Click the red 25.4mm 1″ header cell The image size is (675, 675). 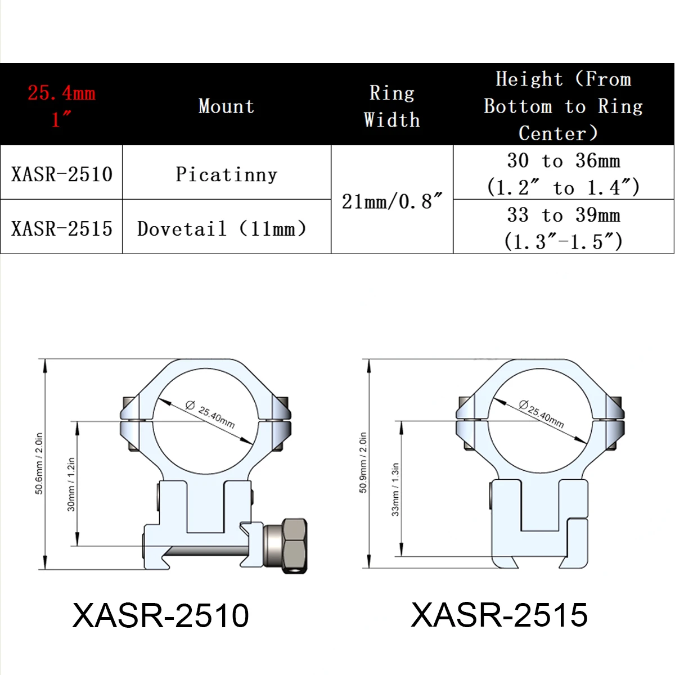tap(61, 105)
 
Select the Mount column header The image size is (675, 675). tap(226, 106)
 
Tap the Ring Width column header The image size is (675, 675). tap(391, 106)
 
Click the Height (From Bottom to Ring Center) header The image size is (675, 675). tap(563, 106)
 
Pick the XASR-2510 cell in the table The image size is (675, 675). tap(62, 174)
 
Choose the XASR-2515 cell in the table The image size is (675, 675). tap(62, 228)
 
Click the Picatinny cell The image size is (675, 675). tap(226, 174)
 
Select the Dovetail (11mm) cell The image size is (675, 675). tap(222, 228)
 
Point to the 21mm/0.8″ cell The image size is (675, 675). tap(392, 201)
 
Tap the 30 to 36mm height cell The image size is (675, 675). tap(563, 173)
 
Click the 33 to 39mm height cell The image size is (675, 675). tap(563, 228)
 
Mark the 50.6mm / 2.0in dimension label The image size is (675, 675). tap(39, 463)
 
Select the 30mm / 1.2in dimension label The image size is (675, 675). tap(71, 484)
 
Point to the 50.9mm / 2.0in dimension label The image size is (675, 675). tap(363, 462)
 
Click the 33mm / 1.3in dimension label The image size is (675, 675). tap(395, 489)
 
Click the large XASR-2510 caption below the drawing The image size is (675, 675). tap(160, 615)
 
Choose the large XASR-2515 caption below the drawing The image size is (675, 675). tap(499, 614)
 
